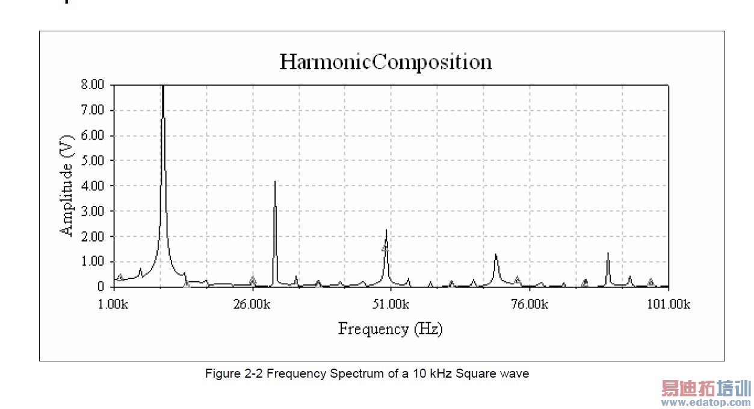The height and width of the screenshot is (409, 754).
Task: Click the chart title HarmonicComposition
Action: point(385,62)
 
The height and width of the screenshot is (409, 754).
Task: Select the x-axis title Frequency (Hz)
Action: point(390,329)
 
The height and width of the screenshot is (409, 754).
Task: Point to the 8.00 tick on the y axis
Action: point(93,85)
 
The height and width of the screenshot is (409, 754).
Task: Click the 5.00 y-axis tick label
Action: point(93,161)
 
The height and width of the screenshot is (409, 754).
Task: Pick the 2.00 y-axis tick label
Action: point(93,237)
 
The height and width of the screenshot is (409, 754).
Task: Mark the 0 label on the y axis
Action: point(101,287)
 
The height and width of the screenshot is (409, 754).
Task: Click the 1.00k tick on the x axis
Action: point(113,304)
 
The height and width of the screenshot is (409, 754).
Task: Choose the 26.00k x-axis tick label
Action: point(252,304)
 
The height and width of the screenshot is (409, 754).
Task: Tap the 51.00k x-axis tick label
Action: point(391,304)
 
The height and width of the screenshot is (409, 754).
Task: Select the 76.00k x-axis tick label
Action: point(529,304)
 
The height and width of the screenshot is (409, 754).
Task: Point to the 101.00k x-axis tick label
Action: point(668,304)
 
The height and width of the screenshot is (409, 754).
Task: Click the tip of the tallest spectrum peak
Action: point(163,87)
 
